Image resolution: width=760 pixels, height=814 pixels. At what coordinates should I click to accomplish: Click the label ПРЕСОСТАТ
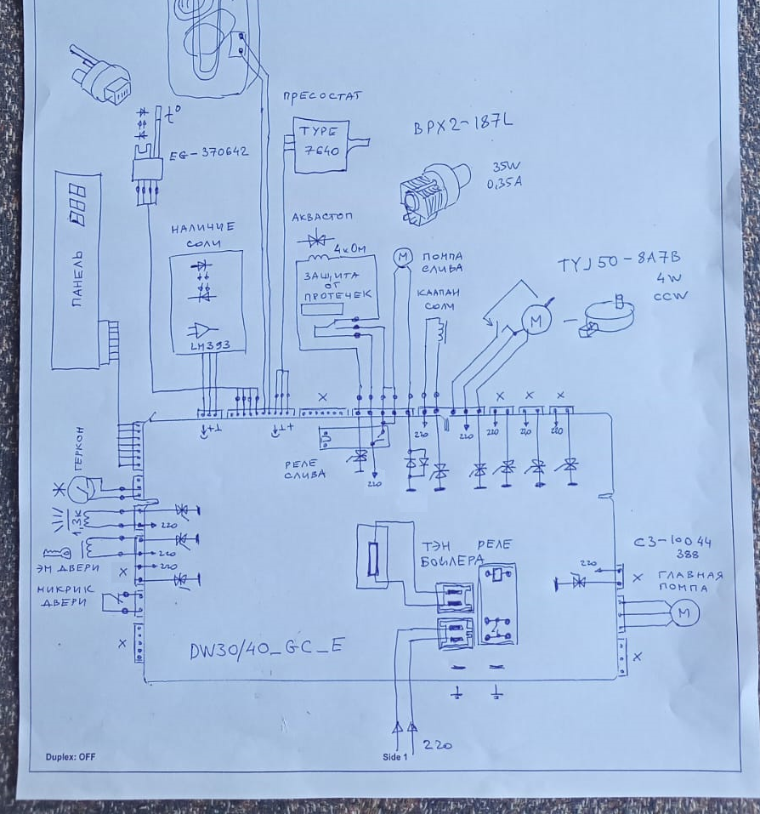pos(321,96)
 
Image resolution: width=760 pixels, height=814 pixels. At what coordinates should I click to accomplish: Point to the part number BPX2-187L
pos(463,125)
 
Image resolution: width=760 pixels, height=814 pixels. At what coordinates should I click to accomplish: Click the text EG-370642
pos(208,152)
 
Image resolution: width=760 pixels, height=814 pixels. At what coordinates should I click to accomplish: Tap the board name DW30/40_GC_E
pos(267,647)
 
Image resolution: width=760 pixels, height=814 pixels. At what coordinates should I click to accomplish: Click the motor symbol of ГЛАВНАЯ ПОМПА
pos(684,612)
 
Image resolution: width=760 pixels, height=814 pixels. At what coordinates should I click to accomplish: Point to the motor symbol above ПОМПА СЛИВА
pos(401,256)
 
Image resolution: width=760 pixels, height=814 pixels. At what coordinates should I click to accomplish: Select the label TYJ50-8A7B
pos(619,262)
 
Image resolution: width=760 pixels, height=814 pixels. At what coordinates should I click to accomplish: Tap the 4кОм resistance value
pos(349,248)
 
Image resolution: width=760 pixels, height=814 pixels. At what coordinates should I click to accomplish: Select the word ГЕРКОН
pos(78,448)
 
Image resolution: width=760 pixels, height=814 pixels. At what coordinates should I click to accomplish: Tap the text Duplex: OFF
pos(70,756)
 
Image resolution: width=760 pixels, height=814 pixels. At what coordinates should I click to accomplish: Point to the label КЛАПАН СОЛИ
pos(438,299)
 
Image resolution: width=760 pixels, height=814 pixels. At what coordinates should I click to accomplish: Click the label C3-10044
pos(672,542)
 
